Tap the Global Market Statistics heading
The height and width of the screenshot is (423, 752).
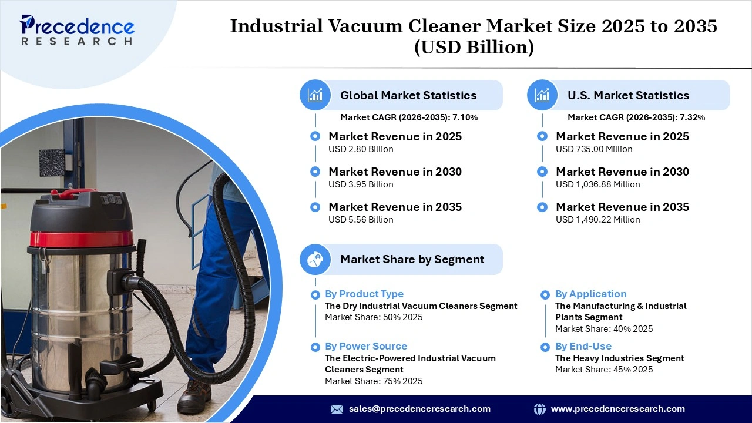coord(408,95)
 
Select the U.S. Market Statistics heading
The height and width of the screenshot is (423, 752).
coord(628,95)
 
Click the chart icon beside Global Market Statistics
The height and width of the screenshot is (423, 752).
coord(315,95)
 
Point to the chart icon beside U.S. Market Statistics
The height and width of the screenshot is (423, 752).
coord(542,95)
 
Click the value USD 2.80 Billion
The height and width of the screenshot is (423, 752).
coord(361,149)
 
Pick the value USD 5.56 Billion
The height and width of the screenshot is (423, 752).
coord(361,220)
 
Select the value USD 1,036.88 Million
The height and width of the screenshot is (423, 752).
coord(598,184)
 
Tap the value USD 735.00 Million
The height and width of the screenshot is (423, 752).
coord(594,149)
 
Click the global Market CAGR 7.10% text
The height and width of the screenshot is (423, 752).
coord(409,117)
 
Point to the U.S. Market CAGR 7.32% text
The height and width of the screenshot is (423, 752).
coord(636,117)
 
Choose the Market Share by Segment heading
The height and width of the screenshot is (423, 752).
coord(412,259)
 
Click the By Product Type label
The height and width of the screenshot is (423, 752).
coord(364,294)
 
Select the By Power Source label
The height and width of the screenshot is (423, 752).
coord(366,346)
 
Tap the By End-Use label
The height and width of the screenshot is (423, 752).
coord(583,346)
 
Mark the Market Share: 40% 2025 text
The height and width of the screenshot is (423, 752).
coord(604,329)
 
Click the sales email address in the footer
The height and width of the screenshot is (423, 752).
coord(419,409)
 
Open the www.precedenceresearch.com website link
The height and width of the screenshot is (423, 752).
coord(617,409)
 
